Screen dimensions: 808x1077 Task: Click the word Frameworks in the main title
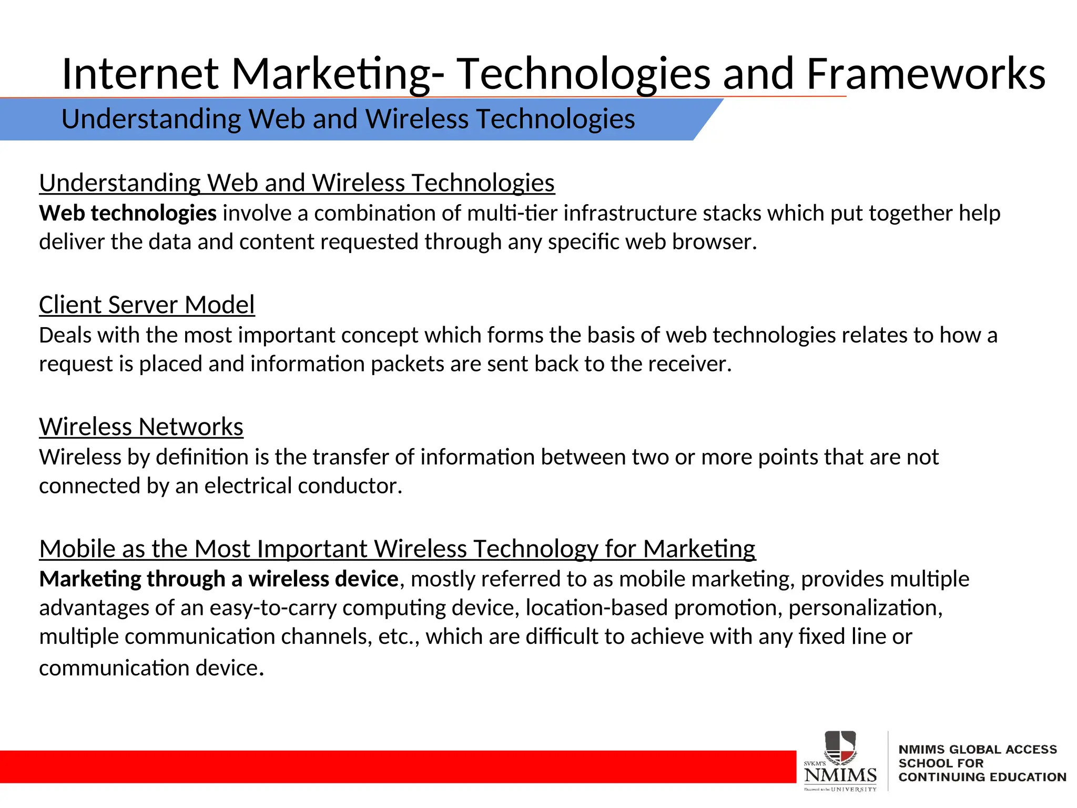(926, 74)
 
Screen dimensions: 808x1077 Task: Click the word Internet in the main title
(140, 74)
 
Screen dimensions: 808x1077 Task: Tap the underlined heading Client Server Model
(147, 305)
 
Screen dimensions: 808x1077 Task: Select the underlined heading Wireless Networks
(141, 427)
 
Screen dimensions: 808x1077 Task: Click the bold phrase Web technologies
(128, 214)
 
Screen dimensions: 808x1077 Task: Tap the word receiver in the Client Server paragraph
(690, 364)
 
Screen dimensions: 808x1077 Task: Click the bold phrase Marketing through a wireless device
(219, 579)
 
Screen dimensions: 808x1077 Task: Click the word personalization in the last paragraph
(865, 608)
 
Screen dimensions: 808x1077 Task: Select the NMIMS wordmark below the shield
(840, 775)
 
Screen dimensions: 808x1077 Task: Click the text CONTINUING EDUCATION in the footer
(982, 777)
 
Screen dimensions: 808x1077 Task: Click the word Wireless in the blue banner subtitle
(416, 119)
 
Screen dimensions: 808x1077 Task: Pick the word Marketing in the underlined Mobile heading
(699, 549)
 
